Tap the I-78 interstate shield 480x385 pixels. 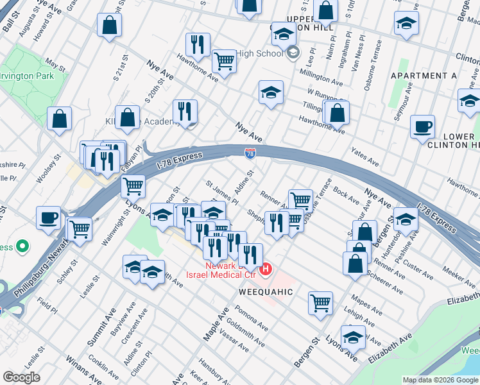coord(250,153)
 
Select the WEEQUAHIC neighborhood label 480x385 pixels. coord(266,292)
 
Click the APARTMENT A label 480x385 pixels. coord(424,76)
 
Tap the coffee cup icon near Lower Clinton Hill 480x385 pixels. coord(422,126)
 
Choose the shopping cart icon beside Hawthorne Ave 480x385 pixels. coord(224,61)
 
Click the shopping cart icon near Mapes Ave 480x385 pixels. coord(320,302)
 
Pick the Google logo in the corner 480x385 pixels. coord(21,377)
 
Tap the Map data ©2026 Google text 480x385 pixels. coord(441,380)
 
